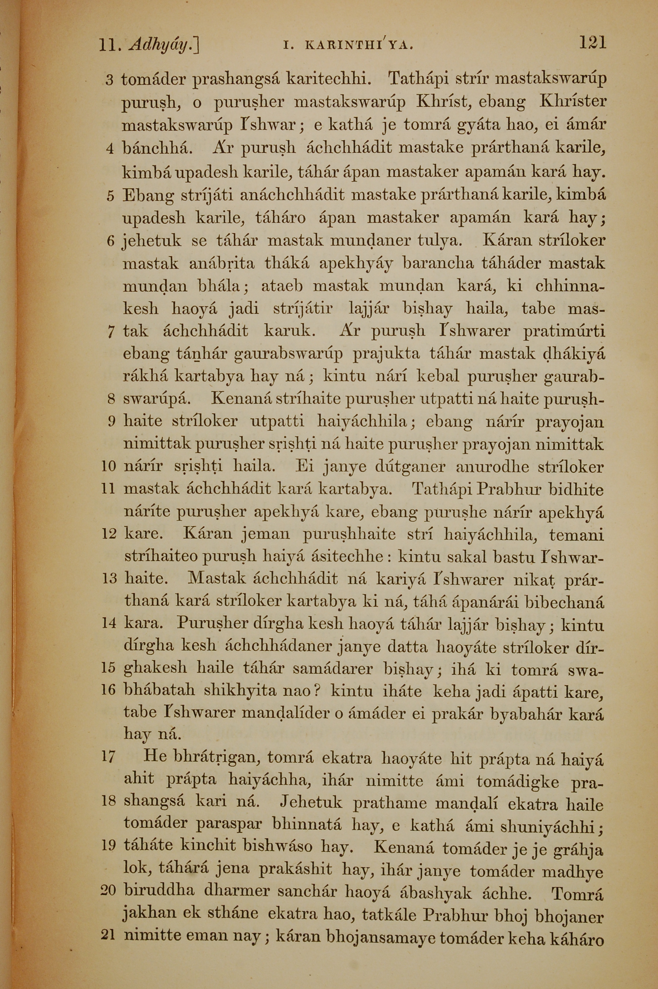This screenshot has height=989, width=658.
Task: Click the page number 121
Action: tap(593, 43)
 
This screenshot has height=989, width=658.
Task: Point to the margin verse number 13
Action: tap(109, 579)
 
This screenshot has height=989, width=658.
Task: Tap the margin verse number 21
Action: tap(108, 935)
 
